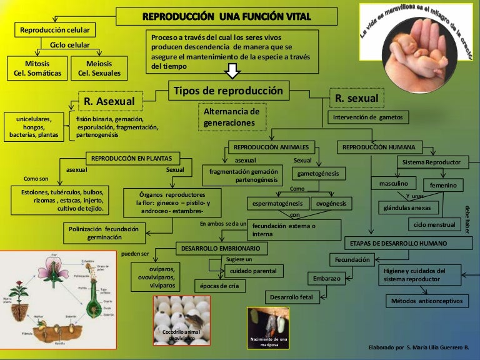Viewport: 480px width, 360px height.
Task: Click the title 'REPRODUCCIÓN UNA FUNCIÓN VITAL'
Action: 226,16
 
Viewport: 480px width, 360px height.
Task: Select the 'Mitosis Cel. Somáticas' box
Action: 37,68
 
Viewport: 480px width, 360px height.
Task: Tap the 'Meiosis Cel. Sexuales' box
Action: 99,68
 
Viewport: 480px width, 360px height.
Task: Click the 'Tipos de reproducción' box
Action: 228,91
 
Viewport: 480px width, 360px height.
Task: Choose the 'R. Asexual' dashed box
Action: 110,101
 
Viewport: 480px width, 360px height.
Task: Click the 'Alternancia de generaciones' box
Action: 231,117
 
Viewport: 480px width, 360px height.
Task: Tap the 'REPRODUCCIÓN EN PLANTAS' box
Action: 131,158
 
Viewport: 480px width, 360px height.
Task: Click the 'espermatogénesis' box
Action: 278,204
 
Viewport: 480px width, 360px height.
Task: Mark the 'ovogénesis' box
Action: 331,204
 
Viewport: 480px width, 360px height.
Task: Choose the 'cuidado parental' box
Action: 252,271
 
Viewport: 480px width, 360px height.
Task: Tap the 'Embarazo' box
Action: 327,278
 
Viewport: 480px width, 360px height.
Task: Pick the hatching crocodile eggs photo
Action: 182,320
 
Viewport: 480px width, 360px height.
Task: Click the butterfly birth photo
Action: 267,327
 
